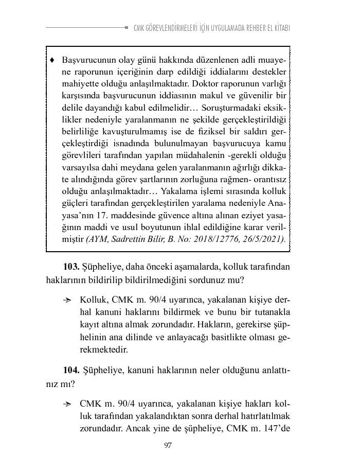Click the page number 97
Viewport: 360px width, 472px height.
click(168, 446)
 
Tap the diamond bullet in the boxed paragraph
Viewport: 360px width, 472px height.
click(52, 60)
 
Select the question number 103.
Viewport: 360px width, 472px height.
click(70, 267)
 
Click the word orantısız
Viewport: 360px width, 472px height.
click(268, 180)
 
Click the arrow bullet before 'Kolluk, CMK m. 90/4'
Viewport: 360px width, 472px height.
click(67, 300)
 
